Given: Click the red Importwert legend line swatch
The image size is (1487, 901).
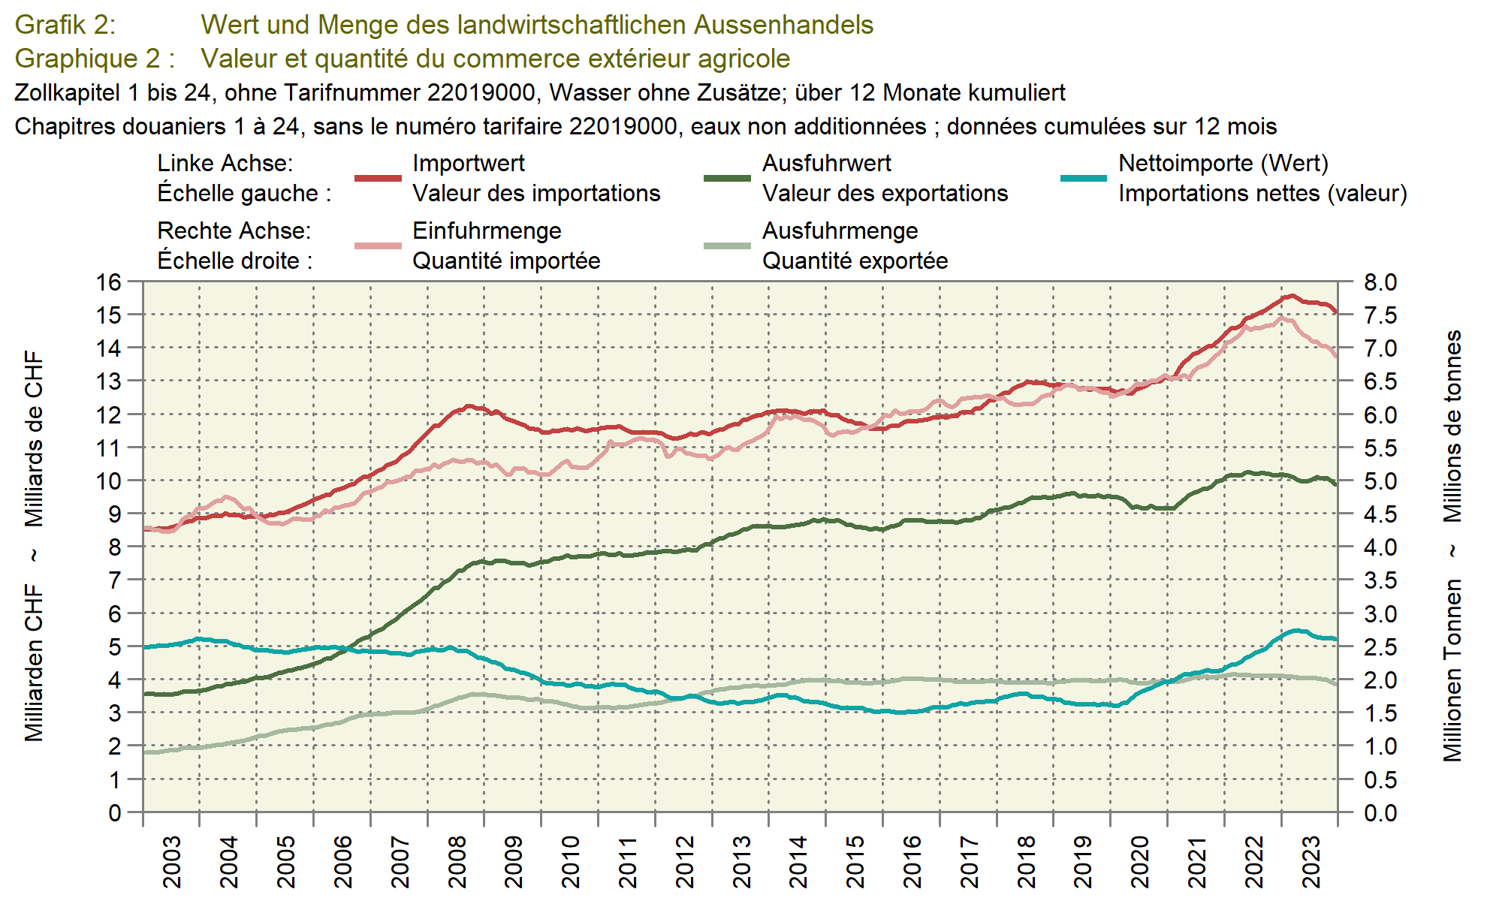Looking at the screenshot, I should point(378,178).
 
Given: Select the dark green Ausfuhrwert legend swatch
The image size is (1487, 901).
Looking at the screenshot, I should point(727,178).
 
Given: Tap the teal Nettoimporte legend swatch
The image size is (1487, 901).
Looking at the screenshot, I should point(1083,178).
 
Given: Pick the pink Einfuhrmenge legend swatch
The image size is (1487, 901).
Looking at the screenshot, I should point(378,246).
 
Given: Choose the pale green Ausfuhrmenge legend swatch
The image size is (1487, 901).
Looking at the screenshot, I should point(727,246).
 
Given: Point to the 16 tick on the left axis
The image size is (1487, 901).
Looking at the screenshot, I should point(108,282).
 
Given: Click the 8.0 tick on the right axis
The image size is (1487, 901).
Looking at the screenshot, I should point(1380,282).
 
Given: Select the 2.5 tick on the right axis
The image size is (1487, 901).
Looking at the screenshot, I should point(1380,647).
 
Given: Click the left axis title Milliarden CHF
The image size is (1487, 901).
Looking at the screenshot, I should point(34,662).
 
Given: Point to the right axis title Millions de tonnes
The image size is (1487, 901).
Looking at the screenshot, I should point(1452,426).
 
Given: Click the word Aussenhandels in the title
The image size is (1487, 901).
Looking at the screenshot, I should point(783,25).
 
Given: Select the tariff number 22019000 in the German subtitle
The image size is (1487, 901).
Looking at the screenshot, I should point(481,92).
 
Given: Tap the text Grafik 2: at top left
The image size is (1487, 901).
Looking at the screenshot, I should point(65,25).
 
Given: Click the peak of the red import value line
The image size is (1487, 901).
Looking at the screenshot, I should point(1292,296).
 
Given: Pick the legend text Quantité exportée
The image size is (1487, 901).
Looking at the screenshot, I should point(855,261).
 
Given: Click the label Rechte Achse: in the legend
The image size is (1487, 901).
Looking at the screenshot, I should point(234,231).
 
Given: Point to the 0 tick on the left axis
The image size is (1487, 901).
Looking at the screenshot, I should point(114,812).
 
